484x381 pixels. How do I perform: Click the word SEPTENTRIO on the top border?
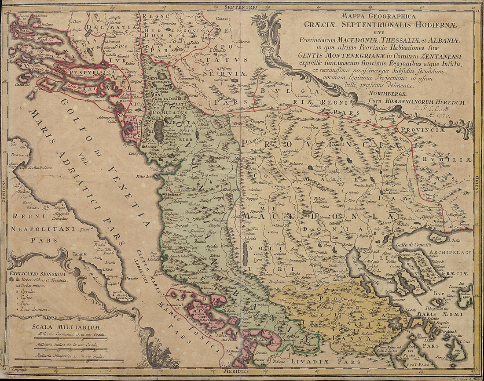(240, 7)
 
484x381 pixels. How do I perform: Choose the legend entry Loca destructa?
(34, 309)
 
